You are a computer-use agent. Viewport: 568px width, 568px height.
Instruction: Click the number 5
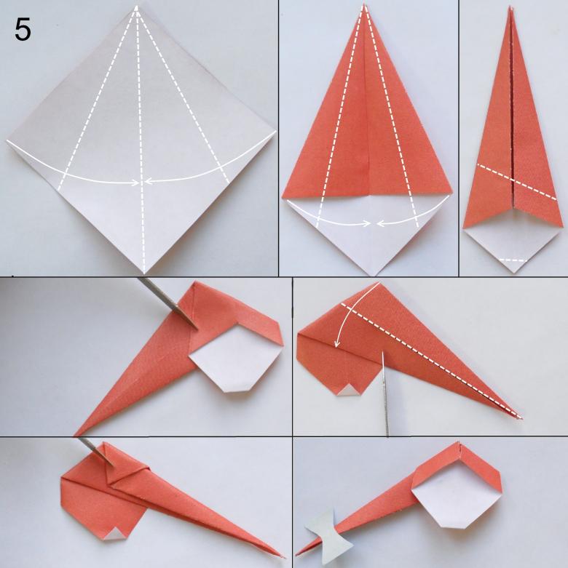coord(23,30)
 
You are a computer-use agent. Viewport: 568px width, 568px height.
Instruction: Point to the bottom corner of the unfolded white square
coord(144,273)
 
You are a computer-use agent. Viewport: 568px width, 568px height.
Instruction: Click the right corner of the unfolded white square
coord(275,131)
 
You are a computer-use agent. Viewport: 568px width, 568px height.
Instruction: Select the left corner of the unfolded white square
coord(7,140)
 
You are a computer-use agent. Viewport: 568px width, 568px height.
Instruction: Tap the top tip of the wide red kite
coord(363,4)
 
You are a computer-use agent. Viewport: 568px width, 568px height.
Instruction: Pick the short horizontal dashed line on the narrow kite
coord(512,260)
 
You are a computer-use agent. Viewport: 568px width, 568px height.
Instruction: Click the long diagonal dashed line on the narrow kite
coord(516,182)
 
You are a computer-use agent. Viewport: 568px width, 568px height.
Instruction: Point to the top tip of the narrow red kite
coord(510,8)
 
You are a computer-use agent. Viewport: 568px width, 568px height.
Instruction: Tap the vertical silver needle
coord(385,393)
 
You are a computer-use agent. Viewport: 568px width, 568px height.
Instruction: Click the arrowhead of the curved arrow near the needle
coord(337,344)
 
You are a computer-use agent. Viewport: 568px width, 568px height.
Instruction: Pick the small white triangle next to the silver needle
coord(347,390)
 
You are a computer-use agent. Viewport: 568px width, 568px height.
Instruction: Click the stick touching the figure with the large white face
coord(167,303)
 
